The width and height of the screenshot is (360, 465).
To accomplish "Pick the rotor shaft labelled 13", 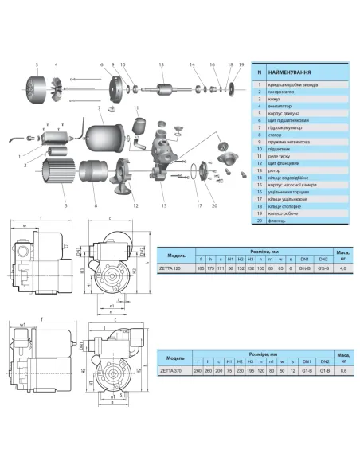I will [x=161, y=88].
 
